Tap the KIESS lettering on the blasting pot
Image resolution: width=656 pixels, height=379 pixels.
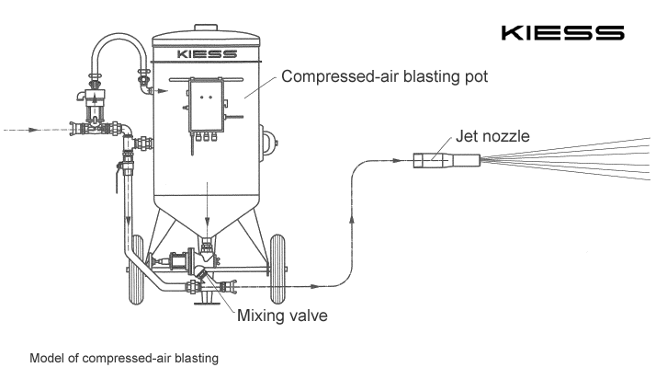(206, 54)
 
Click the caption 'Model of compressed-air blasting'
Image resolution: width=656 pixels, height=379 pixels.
(124, 358)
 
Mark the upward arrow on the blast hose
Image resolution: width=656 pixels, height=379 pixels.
(353, 219)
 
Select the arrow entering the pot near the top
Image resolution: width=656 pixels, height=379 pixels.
(162, 90)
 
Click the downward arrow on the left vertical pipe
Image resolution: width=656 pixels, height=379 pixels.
(127, 222)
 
